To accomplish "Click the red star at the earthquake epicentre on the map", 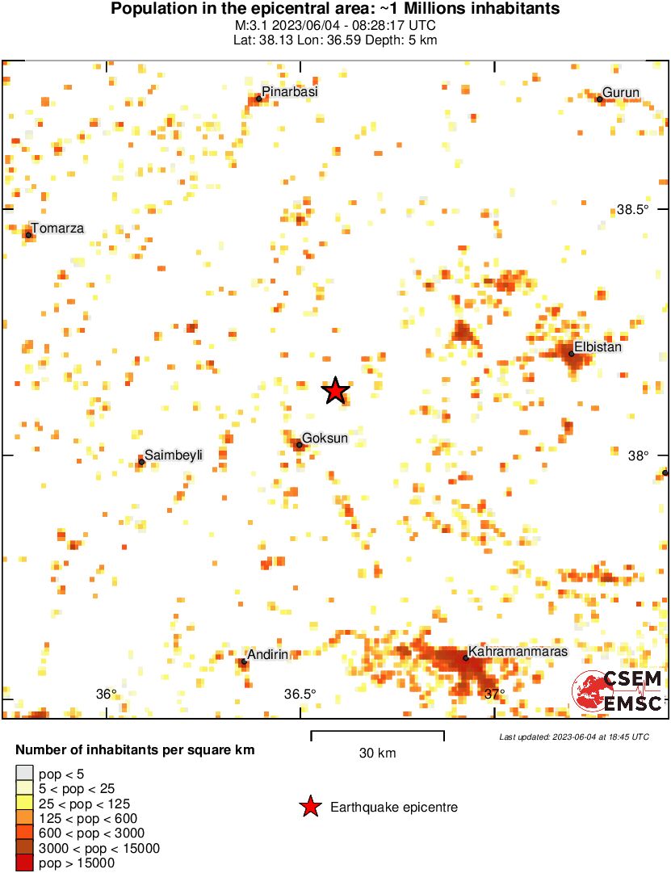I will pos(335,391).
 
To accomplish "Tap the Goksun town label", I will pos(325,438).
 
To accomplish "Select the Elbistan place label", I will pos(598,347).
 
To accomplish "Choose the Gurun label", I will pos(621,92).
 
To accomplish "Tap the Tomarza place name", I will pos(57,229).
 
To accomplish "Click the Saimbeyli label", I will pos(173,455).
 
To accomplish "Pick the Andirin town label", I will pos(268,654).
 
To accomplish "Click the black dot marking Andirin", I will pos(244,661).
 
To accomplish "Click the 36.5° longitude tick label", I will pos(300,694).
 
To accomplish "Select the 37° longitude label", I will pos(493,694).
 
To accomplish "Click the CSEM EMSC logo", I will pos(618,691).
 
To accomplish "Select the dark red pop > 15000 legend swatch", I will pos(25,863).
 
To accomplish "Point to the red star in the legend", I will pos(308,807).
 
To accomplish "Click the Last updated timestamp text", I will pos(573,737).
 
